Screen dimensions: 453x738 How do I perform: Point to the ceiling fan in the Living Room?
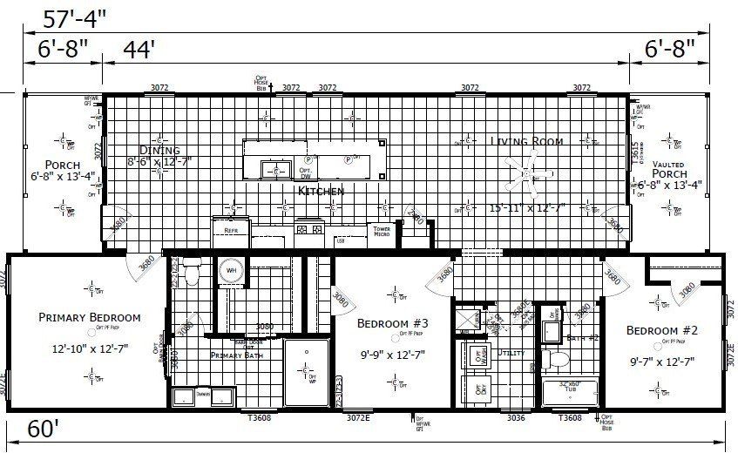coord(523,166)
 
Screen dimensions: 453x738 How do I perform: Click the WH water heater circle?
coord(231,270)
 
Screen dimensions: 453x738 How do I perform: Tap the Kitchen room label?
coord(321,190)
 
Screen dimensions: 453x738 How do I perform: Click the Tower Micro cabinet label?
coord(381,232)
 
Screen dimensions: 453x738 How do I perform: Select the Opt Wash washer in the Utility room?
coord(477,355)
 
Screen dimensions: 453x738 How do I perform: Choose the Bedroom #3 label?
coord(392,323)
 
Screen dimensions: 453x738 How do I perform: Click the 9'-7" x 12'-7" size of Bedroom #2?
coord(664,361)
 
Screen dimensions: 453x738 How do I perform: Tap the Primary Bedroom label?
coord(90,317)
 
